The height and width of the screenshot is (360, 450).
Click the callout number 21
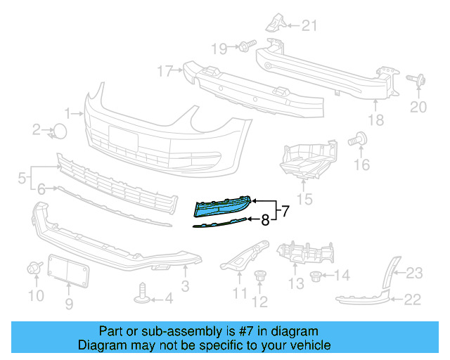310,27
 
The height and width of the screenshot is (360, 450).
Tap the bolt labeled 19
243,47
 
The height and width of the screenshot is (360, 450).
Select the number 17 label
165,71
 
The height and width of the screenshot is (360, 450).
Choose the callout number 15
305,199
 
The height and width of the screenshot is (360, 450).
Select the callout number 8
265,220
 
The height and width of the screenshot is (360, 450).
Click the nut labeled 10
32,268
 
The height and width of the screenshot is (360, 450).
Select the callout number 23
415,273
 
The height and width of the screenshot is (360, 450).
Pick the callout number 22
412,300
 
